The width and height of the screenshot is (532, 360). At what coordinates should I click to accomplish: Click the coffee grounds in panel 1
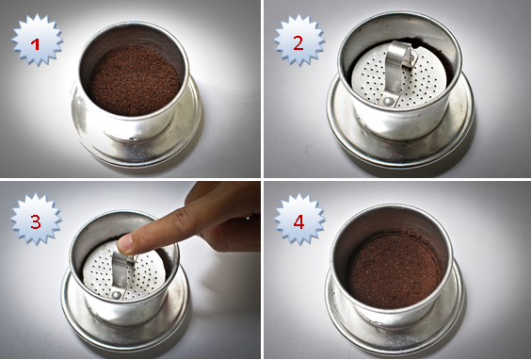click(134, 80)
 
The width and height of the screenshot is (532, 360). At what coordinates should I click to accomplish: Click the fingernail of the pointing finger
click(124, 243)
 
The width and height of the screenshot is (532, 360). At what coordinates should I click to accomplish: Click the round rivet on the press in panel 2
click(388, 101)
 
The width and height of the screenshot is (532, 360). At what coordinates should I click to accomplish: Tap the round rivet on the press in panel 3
click(116, 295)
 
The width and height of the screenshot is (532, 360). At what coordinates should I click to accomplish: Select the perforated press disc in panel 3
click(124, 271)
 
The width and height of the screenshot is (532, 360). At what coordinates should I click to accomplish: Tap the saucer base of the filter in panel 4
click(394, 336)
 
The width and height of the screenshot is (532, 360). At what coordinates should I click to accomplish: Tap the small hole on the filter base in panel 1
click(134, 139)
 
